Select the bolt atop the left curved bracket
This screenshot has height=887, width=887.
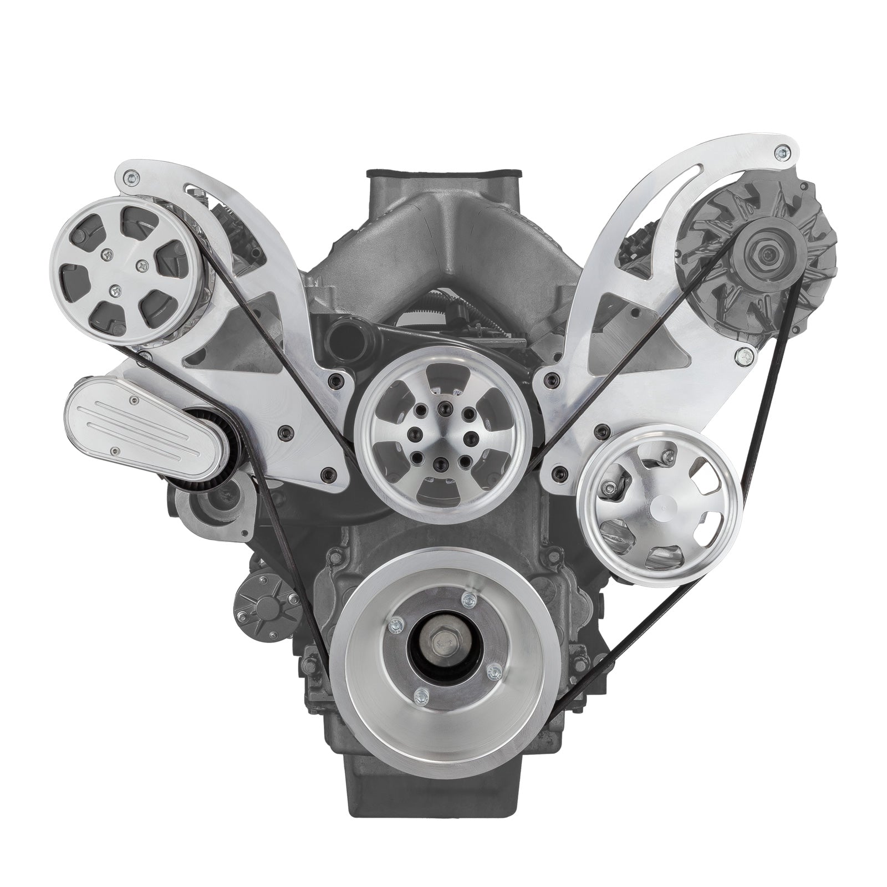pos(131,177)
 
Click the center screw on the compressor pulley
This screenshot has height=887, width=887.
pos(115,289)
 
